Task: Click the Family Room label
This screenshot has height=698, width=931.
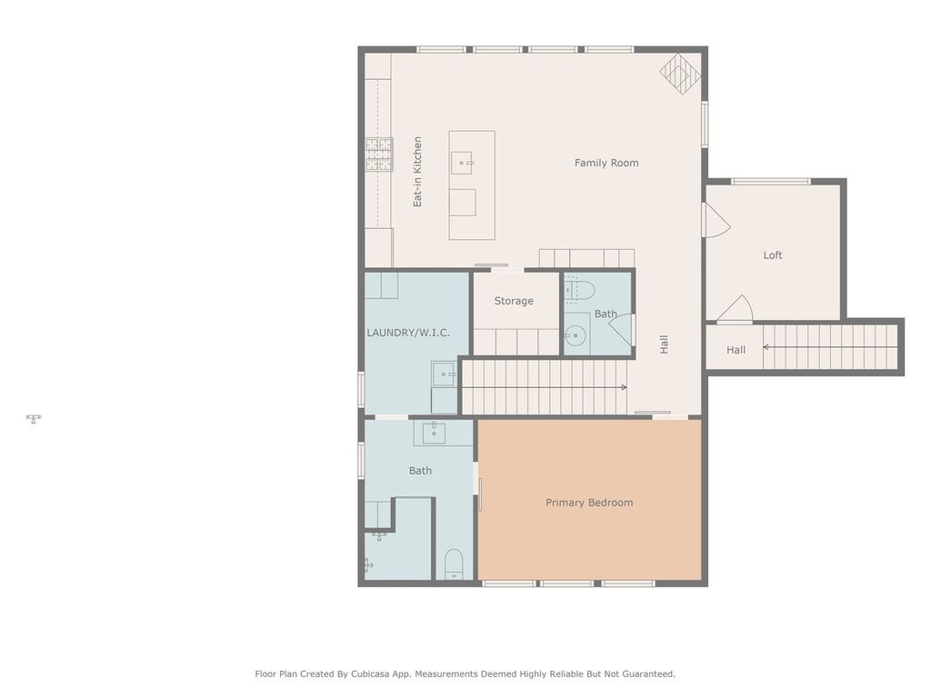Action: (606, 164)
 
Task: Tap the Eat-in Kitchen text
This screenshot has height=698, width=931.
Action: (418, 172)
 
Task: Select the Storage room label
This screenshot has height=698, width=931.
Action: (514, 301)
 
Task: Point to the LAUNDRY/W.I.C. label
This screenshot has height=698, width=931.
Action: (408, 333)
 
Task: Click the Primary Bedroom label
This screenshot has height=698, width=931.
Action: (589, 503)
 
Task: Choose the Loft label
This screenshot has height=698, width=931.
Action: (773, 255)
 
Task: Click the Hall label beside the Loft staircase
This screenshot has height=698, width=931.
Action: (736, 350)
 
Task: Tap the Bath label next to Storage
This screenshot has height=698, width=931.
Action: (606, 314)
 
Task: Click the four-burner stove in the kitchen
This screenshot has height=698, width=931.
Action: (379, 155)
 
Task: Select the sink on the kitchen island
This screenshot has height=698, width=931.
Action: (465, 164)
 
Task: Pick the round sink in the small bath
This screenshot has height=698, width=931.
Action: (575, 336)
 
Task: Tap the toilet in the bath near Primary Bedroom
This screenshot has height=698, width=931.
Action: (454, 564)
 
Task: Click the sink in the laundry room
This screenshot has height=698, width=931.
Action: (444, 373)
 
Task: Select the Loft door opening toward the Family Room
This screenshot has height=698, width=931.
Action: (715, 220)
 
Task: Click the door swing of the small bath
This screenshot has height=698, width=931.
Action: (623, 328)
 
